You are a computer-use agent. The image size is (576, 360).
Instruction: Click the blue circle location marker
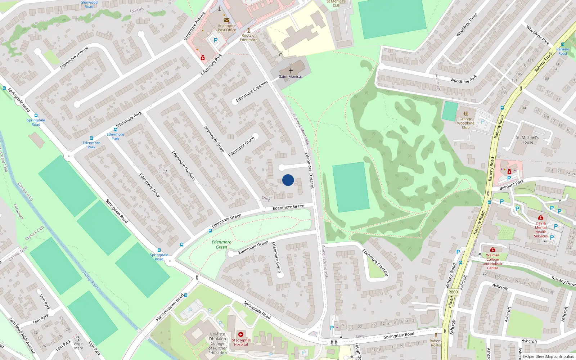pos(288,180)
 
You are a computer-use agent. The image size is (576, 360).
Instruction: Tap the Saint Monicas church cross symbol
pos(291,71)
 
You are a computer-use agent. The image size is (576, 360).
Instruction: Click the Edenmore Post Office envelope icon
pos(227,20)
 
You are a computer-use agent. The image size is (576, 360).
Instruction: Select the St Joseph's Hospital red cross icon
pos(241,334)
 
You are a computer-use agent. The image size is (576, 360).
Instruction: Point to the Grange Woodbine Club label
pos(465,123)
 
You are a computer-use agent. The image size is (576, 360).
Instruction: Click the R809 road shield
pos(453,292)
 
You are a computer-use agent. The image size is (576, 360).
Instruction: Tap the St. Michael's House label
pos(527,140)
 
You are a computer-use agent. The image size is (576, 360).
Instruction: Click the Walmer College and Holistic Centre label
pos(492,261)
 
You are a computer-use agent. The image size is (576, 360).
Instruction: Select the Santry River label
pos(90,279)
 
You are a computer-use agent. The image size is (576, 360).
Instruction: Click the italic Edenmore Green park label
pos(221,244)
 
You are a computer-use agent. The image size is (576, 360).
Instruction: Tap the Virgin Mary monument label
pos(78,346)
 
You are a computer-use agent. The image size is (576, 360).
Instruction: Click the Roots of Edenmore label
pos(249,37)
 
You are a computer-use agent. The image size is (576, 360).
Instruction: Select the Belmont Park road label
pos(512,185)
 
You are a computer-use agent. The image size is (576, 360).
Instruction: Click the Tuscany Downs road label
pos(563,281)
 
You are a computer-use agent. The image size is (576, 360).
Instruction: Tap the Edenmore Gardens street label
pos(183,166)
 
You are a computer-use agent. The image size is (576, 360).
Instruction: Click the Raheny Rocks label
pos(436,343)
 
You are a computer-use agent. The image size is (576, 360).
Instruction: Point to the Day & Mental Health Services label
pos(541,229)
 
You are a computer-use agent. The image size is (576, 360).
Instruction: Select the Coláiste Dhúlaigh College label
pos(217,343)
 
